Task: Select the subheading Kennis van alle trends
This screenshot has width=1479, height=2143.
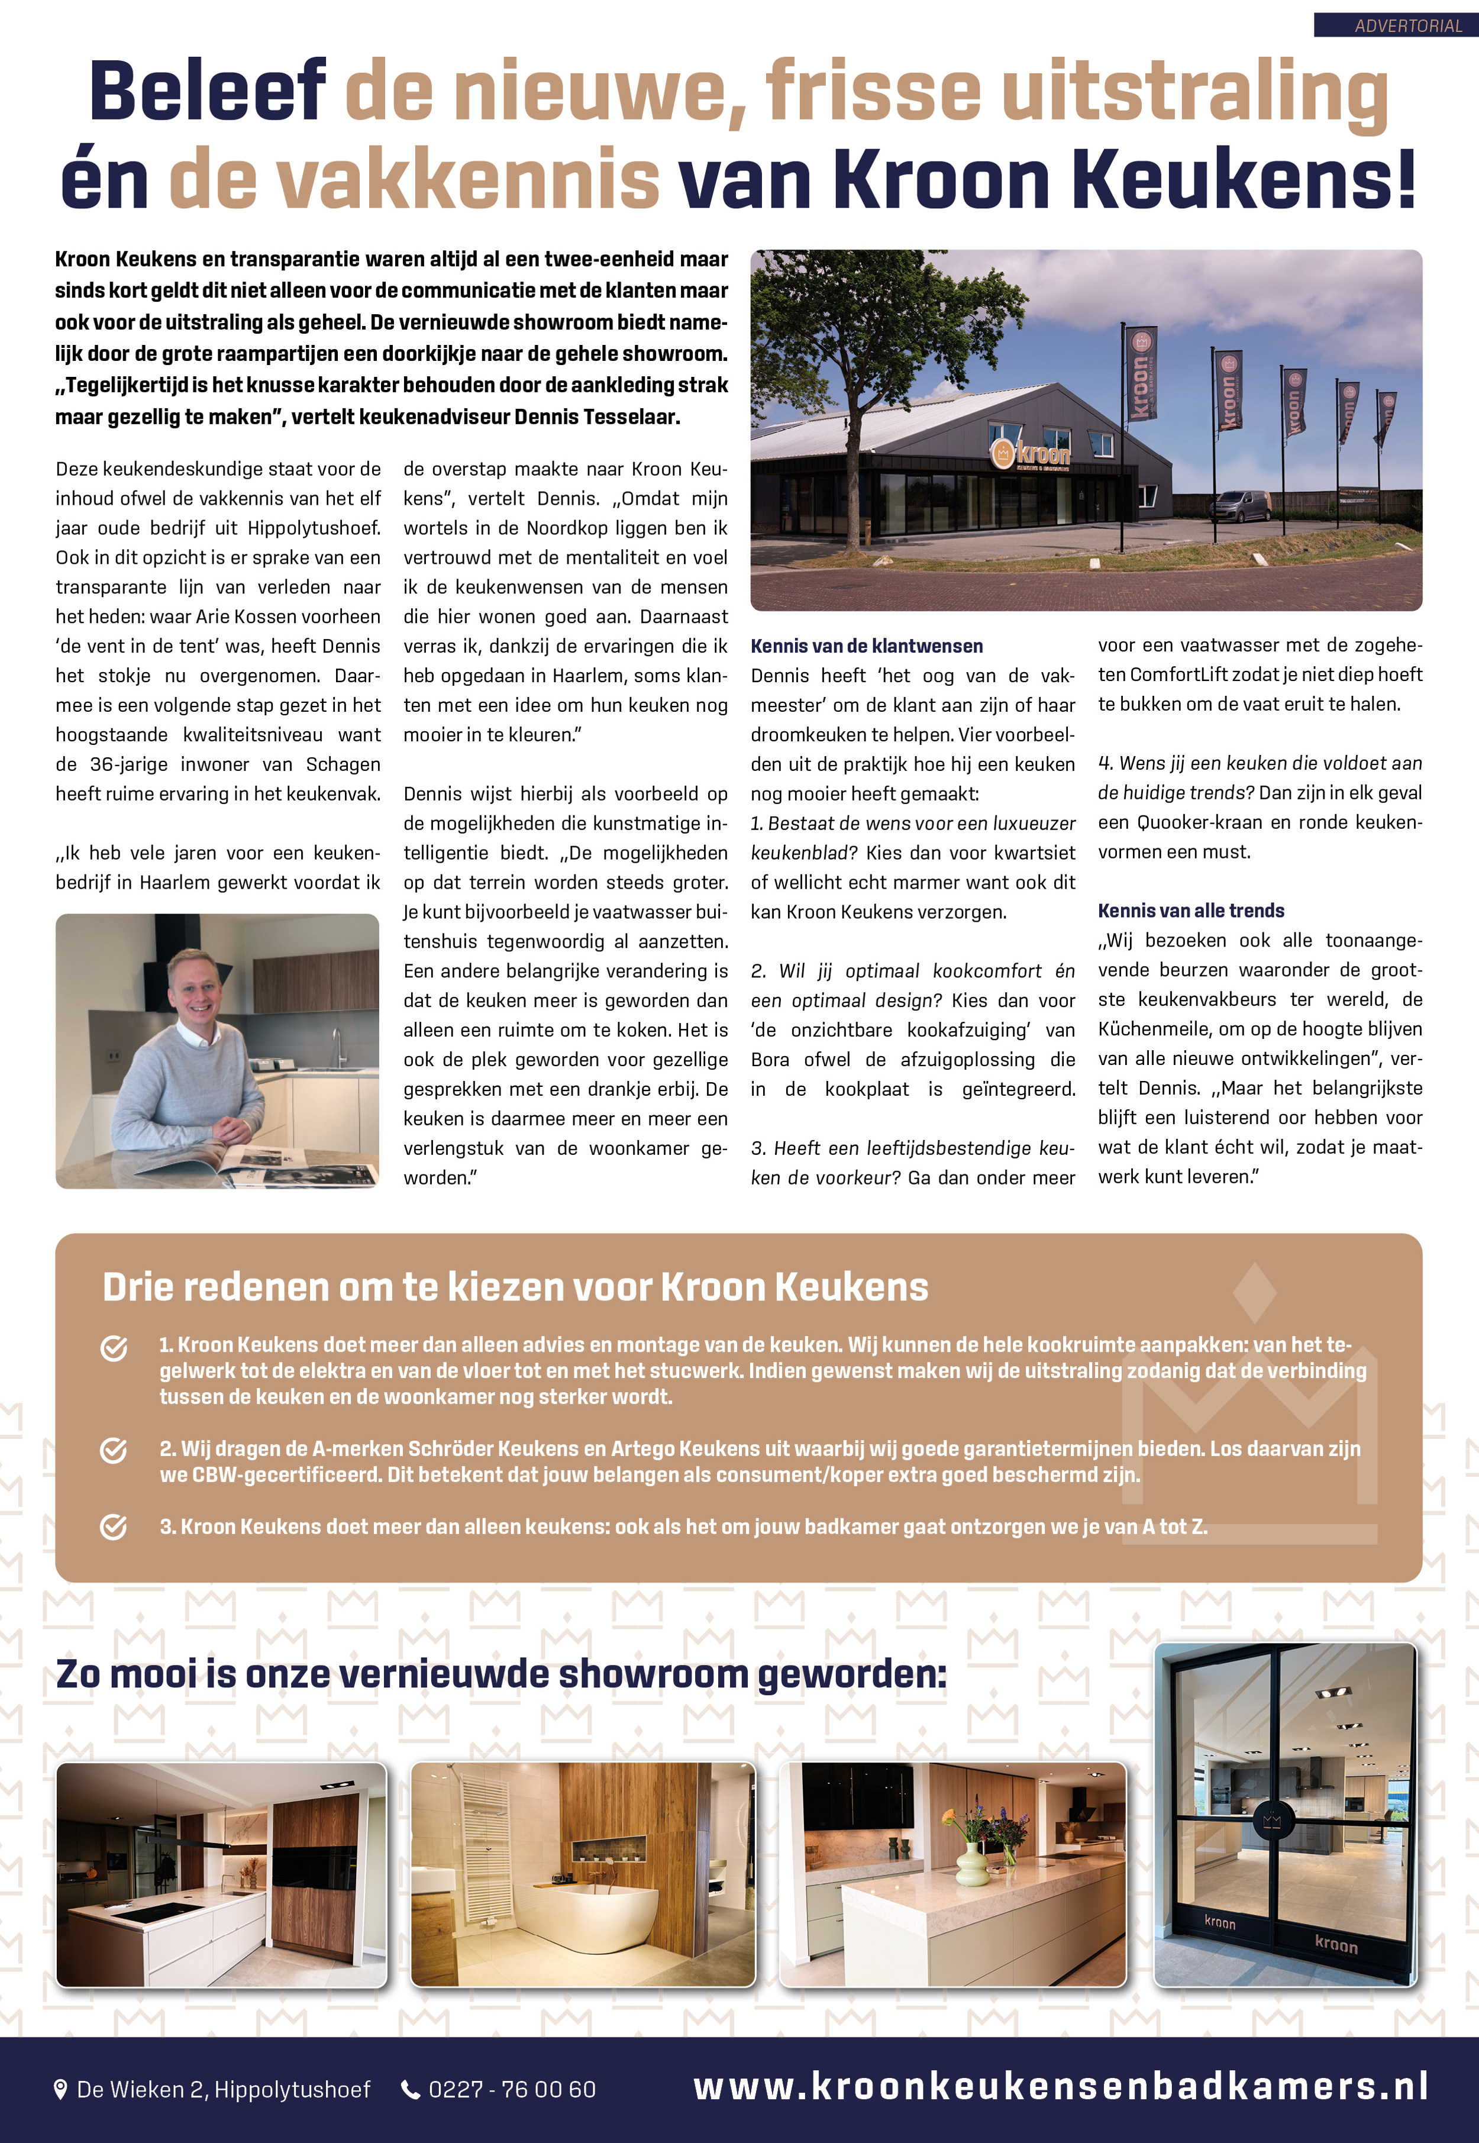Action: click(x=1191, y=911)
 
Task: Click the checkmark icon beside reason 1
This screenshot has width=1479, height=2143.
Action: click(x=114, y=1349)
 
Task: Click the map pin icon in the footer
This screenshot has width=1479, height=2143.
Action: click(x=61, y=2089)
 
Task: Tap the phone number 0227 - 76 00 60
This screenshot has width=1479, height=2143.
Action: click(x=512, y=2089)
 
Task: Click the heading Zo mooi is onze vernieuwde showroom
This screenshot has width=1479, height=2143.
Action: click(x=500, y=1674)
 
